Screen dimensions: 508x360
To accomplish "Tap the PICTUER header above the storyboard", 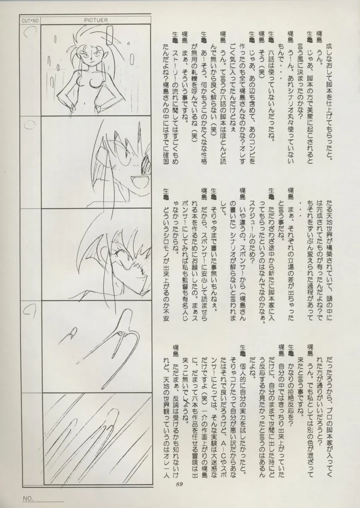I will click(96, 20).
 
